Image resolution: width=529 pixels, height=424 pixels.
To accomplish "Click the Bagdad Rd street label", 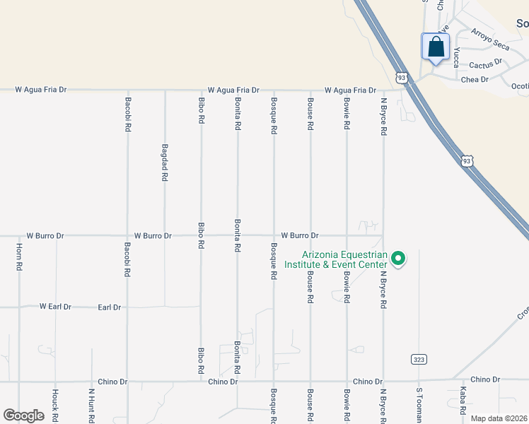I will [x=165, y=163].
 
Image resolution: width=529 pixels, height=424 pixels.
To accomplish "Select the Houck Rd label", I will [x=54, y=404].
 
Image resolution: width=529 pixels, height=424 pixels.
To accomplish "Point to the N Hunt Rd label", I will [x=91, y=404].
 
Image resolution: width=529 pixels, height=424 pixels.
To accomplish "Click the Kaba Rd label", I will [x=463, y=401].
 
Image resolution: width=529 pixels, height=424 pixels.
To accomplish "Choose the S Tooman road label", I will [x=419, y=405].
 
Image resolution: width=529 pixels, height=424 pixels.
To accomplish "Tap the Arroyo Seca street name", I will [x=489, y=40].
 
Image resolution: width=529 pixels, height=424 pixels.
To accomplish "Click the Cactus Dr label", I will [x=484, y=63].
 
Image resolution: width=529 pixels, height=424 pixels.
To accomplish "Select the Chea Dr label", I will [x=475, y=79].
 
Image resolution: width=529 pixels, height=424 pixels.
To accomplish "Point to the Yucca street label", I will [x=456, y=57].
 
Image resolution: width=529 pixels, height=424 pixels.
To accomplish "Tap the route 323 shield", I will [x=419, y=360].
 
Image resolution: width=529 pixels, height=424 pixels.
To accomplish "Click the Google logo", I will [x=23, y=416].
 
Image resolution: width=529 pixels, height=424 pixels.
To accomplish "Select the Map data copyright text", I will [x=499, y=418].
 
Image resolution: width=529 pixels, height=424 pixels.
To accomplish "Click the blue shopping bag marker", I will [x=436, y=48].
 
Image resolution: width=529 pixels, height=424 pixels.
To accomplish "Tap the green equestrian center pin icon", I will [x=398, y=259].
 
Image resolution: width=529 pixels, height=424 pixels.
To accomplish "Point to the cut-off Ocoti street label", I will [x=520, y=86].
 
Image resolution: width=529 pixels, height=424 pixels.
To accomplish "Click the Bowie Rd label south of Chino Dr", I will [x=347, y=405].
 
